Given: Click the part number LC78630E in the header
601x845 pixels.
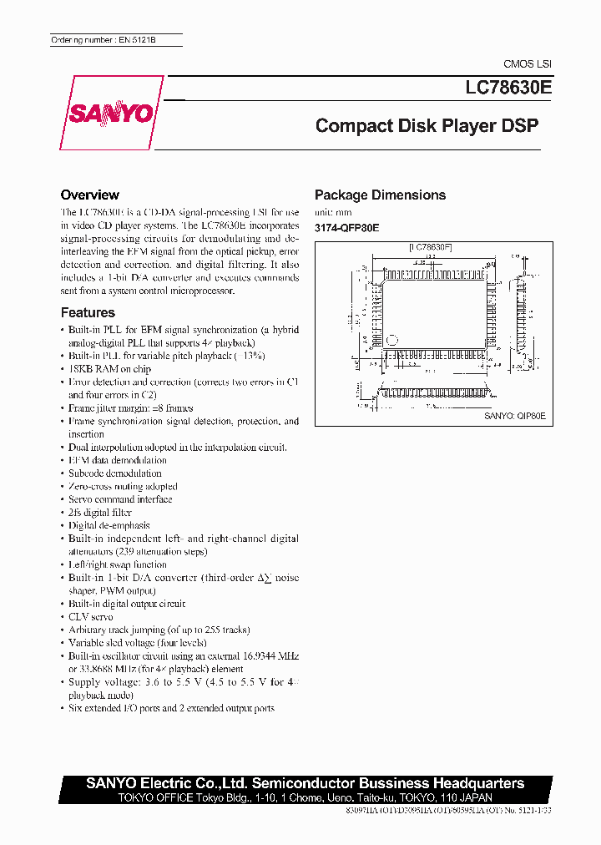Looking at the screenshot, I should click(x=503, y=85).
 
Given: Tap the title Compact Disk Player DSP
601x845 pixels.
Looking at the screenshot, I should click(x=427, y=126).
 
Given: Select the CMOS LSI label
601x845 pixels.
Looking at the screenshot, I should click(x=527, y=64).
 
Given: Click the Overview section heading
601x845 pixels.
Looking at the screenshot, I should click(x=90, y=195).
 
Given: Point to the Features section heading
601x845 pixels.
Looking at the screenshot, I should click(x=88, y=312).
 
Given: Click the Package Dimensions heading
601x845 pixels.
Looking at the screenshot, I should click(x=380, y=195).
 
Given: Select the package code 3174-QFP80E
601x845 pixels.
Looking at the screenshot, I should click(x=346, y=227).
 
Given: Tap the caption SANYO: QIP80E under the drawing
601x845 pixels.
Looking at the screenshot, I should click(x=514, y=415).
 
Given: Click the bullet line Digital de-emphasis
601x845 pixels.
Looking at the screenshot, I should click(x=109, y=525).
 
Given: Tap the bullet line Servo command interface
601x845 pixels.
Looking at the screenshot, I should click(x=120, y=499).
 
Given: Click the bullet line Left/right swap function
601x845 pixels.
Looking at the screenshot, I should click(x=118, y=564).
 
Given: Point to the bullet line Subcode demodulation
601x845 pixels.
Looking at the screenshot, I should click(x=115, y=473).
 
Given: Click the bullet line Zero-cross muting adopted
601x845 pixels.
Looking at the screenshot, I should click(x=123, y=486).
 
